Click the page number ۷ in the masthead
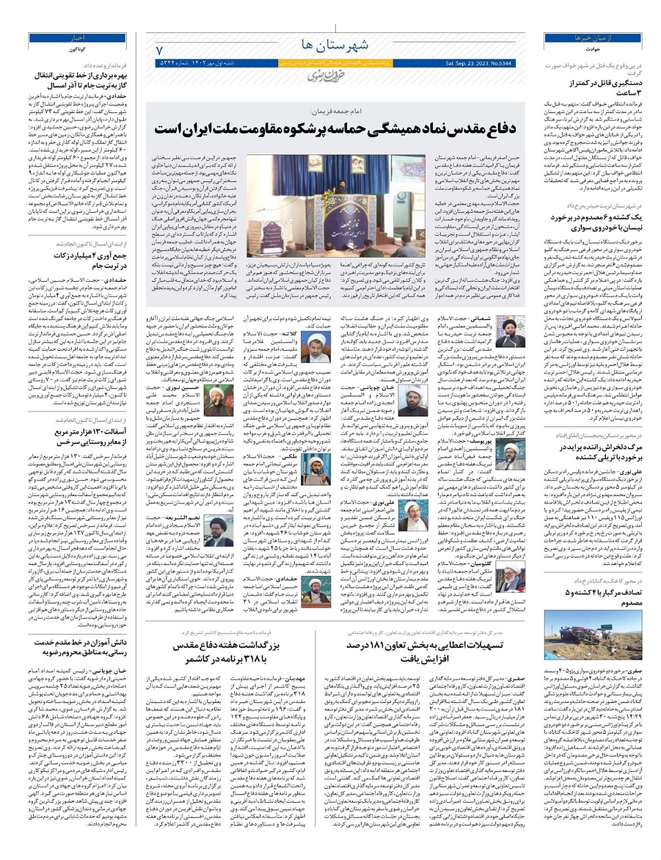tap(159, 50)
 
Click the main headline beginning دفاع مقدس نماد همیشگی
tap(335, 129)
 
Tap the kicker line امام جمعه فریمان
tap(337, 110)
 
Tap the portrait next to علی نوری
tap(412, 514)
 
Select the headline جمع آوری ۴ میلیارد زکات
tap(77, 260)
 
